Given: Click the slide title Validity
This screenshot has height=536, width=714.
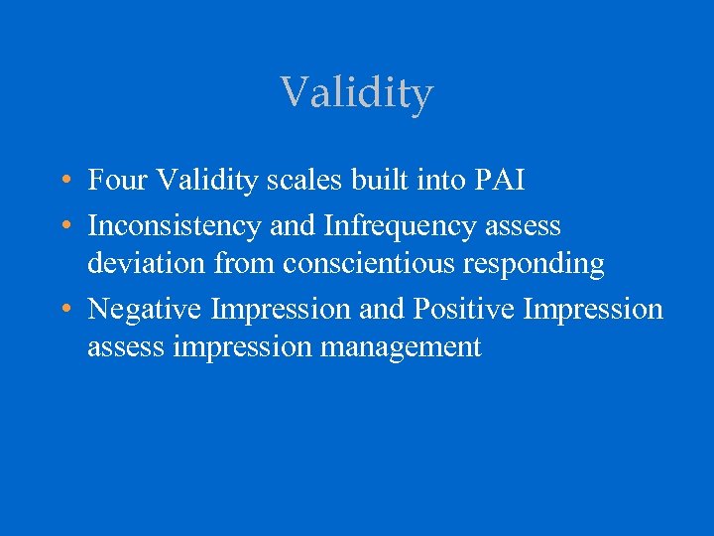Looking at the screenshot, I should tap(357, 93).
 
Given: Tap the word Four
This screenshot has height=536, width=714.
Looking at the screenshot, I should tap(115, 181).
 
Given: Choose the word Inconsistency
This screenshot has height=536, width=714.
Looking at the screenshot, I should tap(176, 226).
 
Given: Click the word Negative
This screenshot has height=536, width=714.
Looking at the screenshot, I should tap(146, 310).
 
